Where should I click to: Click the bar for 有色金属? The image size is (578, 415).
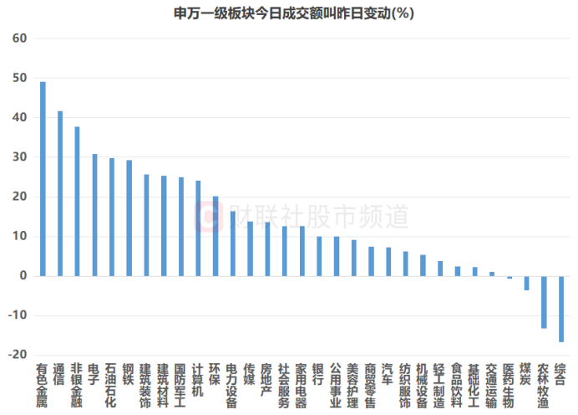click(43, 179)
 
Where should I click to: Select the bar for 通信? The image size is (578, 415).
click(60, 193)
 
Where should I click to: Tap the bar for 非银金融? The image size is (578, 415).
click(77, 202)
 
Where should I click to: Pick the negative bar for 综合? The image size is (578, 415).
click(561, 309)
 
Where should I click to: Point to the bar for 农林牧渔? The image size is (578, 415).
click(544, 302)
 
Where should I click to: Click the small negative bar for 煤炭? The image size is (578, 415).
click(526, 283)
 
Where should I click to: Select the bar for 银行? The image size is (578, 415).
click(319, 256)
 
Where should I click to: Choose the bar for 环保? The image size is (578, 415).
click(215, 236)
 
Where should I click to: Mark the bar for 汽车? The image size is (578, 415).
click(388, 262)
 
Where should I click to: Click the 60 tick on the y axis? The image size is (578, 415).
click(19, 38)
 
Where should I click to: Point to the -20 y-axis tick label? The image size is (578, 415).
click(18, 355)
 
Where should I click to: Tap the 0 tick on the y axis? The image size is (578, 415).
click(23, 275)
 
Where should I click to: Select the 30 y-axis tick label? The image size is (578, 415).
click(19, 157)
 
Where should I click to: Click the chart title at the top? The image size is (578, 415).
click(294, 13)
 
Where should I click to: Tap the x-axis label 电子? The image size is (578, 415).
click(94, 374)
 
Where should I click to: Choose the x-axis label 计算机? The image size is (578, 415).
click(198, 380)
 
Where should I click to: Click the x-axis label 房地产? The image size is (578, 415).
click(266, 380)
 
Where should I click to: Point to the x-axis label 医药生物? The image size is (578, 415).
click(509, 386)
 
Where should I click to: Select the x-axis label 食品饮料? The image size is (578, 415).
click(456, 386)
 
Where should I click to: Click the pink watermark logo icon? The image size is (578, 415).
click(209, 217)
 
